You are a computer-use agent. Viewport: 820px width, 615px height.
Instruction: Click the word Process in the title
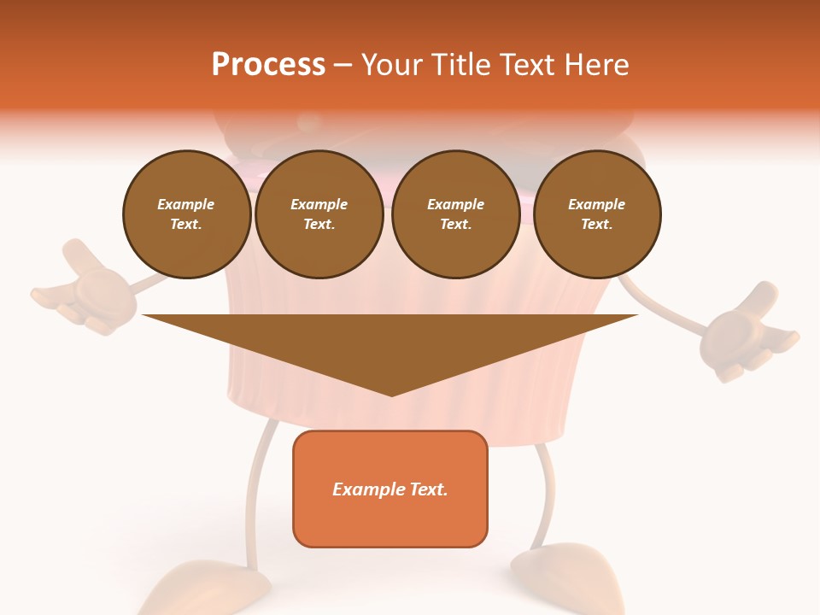[268, 65]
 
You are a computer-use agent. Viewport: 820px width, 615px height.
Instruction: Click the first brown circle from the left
[186, 214]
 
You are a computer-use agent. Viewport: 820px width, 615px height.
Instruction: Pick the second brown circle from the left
[319, 214]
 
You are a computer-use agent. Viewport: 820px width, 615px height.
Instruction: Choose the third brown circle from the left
[455, 214]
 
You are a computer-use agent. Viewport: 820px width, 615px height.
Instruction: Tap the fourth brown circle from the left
[596, 214]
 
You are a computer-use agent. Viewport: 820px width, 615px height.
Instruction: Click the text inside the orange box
[390, 489]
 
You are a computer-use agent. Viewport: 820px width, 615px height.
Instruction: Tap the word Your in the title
[392, 65]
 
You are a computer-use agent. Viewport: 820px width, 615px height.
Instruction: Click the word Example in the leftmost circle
[186, 204]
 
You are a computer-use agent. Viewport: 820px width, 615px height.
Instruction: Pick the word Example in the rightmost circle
[596, 204]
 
